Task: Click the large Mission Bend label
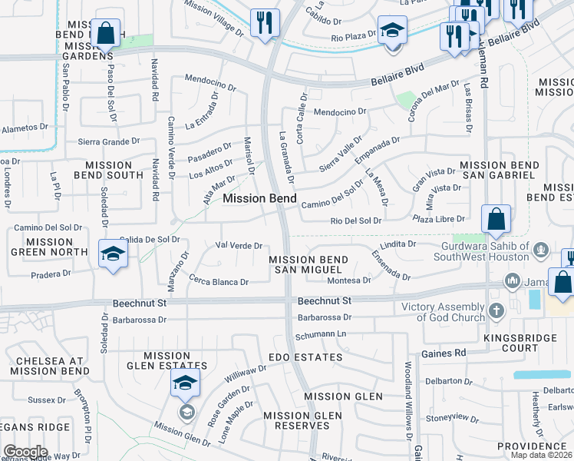[259, 198]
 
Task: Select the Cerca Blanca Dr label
[219, 282]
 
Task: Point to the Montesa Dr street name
[349, 280]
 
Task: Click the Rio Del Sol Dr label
[355, 221]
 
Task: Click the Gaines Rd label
[450, 353]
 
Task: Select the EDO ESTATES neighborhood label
[305, 357]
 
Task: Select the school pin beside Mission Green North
[113, 254]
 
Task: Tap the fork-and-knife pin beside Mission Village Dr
[265, 22]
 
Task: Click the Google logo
[25, 452]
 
